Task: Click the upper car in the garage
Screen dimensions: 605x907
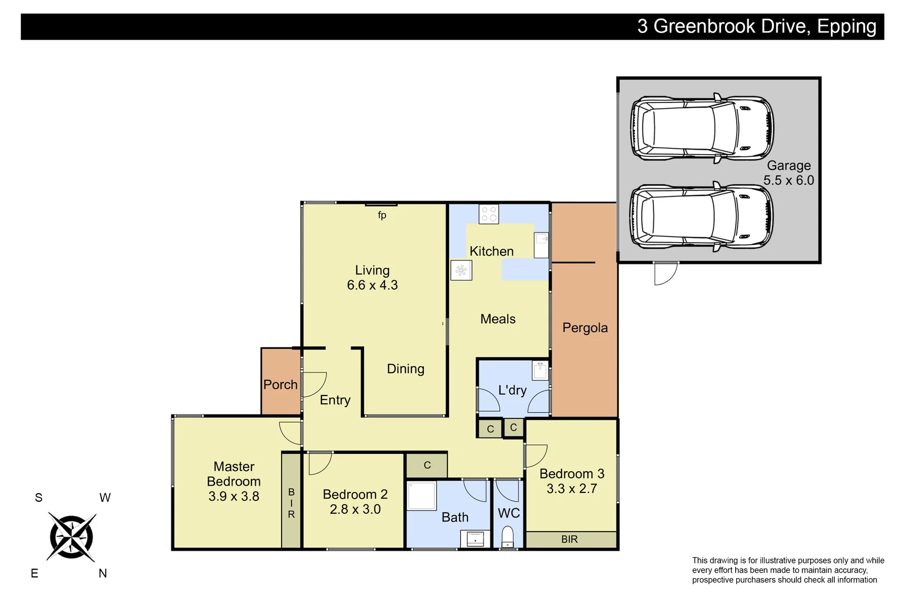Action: point(702,128)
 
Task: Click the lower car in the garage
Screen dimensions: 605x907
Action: point(702,217)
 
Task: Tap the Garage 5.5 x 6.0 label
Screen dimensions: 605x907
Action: point(788,173)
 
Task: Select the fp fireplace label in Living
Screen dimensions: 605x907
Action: point(382,215)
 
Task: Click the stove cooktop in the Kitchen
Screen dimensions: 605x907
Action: point(489,214)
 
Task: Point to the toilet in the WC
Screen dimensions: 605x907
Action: point(507,537)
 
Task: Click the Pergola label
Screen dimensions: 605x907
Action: point(585,328)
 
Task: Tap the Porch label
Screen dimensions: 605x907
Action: point(280,384)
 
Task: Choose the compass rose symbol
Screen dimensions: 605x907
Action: point(71,536)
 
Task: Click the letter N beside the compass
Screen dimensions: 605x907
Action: point(102,573)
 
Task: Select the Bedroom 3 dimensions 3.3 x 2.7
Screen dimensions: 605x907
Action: point(571,488)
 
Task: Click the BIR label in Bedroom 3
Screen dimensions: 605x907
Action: point(569,539)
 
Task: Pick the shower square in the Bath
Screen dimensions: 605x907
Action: point(422,496)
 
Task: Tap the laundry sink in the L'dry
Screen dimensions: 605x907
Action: point(540,371)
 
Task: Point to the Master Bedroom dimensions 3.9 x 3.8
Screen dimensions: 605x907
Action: point(233,496)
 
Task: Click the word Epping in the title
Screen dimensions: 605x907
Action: point(847,26)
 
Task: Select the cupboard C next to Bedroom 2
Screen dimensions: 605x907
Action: point(427,466)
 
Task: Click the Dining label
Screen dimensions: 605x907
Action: point(405,369)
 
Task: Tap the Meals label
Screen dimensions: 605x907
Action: point(498,319)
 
